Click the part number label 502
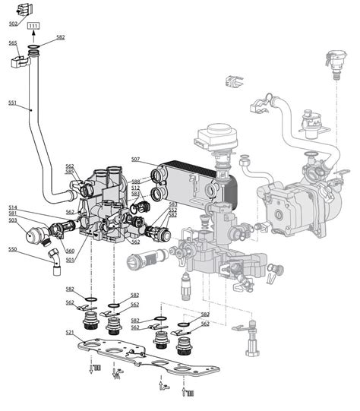point(13,24)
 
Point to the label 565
point(13,43)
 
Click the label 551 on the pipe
point(13,103)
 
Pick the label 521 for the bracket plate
point(70,333)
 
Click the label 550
point(12,249)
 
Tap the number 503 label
point(13,220)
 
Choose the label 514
point(13,207)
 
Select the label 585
point(69,172)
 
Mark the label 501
point(70,260)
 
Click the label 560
point(70,251)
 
